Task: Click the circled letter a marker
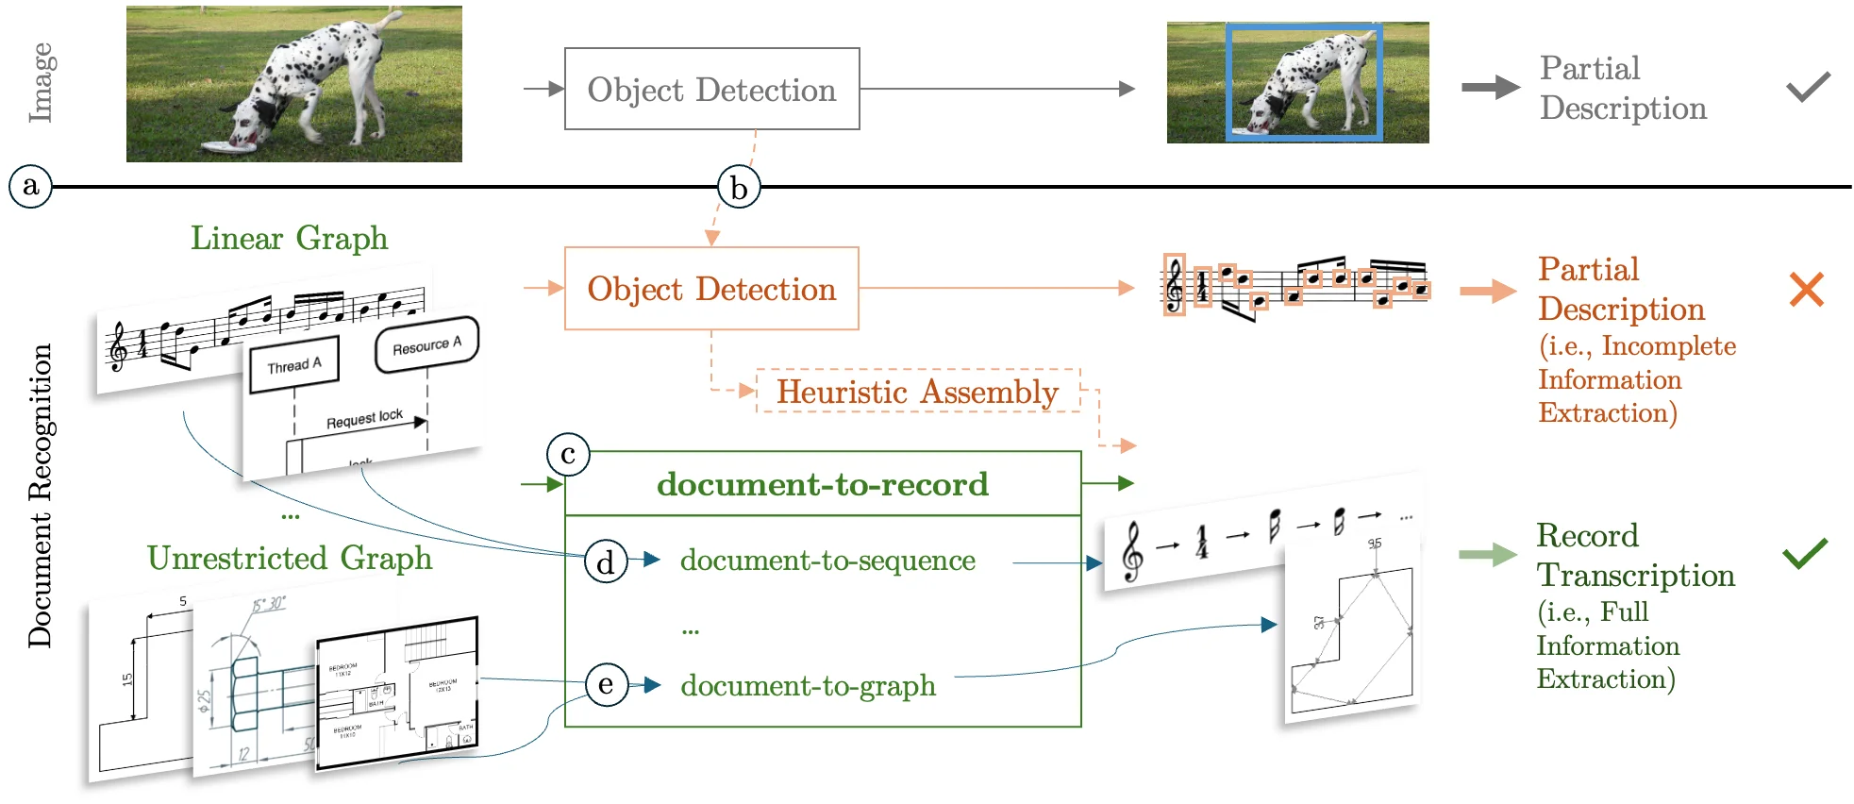click(30, 186)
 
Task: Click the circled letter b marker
click(739, 188)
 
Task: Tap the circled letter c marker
click(568, 455)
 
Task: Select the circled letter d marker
click(606, 561)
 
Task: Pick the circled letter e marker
click(606, 684)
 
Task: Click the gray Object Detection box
click(711, 90)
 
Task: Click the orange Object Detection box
click(711, 289)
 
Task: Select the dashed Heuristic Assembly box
click(917, 392)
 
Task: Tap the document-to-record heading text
click(823, 484)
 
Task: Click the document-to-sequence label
click(827, 561)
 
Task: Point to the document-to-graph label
click(808, 685)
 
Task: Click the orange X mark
click(1806, 290)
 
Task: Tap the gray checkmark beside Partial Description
click(1808, 87)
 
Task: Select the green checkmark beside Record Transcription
click(1805, 553)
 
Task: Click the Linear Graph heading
click(289, 238)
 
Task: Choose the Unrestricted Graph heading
click(289, 558)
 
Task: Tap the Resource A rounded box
click(426, 345)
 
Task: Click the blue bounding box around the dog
click(1304, 83)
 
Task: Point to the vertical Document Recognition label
click(40, 495)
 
